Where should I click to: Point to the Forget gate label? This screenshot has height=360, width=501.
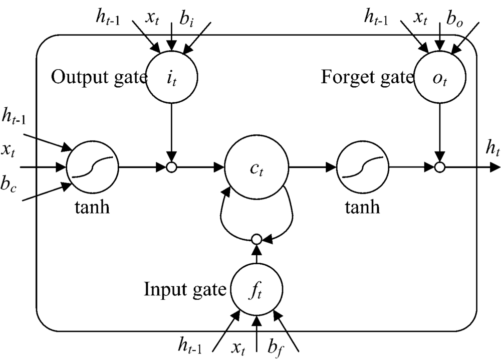pos(367,77)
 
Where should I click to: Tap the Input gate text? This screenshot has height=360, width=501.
pos(185,289)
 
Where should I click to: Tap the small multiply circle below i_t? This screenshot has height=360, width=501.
pos(172,167)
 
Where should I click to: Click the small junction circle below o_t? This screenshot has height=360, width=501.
pos(440,167)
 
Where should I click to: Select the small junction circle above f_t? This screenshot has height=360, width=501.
pos(257,239)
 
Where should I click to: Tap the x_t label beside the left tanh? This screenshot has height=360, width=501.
pos(9,148)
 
